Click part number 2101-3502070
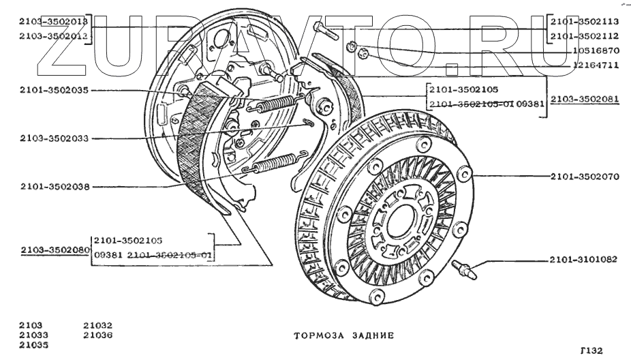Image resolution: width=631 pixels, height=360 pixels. (584, 177)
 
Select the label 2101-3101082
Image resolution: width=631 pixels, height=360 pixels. (584, 260)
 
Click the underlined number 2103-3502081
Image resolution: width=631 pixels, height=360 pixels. (585, 99)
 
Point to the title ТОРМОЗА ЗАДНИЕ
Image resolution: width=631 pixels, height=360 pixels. (343, 335)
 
